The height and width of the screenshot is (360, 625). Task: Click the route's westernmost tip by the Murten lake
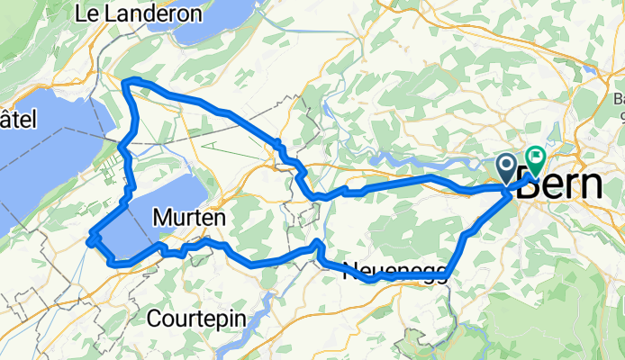(x=89, y=239)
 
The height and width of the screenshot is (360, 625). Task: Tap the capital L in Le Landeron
(x=82, y=13)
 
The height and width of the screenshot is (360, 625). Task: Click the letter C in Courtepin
(x=153, y=318)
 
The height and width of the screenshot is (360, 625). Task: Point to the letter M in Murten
(x=162, y=217)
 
